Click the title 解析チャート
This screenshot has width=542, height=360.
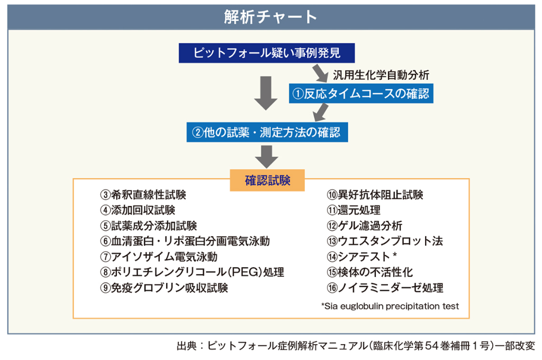[270, 16]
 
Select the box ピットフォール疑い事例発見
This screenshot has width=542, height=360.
[266, 53]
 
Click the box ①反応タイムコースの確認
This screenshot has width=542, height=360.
[362, 94]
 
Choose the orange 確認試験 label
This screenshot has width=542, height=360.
[267, 180]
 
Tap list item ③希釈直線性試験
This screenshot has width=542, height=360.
[143, 195]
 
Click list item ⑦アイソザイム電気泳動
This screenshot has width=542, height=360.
[158, 257]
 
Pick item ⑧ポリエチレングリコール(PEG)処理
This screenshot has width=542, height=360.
[192, 272]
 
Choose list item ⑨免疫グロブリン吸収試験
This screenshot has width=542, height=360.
[164, 288]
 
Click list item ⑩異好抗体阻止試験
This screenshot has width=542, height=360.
[375, 195]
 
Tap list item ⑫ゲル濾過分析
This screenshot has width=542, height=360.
[364, 226]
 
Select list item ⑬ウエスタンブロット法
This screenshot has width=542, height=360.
[385, 241]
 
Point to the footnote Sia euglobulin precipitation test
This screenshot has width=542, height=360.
[390, 306]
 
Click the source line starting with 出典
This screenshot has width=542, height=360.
[356, 347]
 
